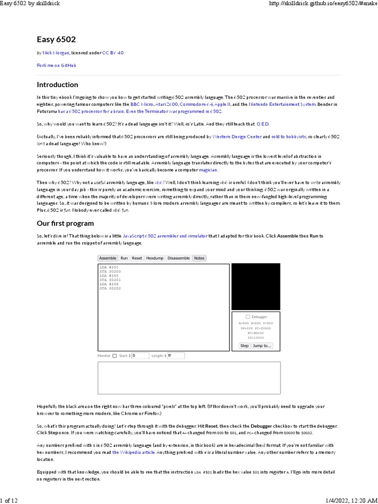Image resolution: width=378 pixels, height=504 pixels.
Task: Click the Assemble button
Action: pyautogui.click(x=108, y=258)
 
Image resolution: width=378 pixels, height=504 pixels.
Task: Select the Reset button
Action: pyautogui.click(x=137, y=258)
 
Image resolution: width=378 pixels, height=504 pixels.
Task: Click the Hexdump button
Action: pyautogui.click(x=155, y=258)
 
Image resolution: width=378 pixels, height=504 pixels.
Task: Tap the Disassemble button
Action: pyautogui.click(x=178, y=258)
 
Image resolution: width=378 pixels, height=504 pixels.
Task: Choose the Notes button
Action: pyautogui.click(x=199, y=258)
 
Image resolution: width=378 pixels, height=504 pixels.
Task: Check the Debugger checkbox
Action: pyautogui.click(x=248, y=317)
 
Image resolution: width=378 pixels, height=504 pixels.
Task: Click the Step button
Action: pyautogui.click(x=245, y=346)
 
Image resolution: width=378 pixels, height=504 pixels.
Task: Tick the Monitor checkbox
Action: pyautogui.click(x=115, y=355)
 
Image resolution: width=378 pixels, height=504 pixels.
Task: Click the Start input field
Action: pyautogui.click(x=140, y=355)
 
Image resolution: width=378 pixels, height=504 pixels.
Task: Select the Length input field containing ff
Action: pyautogui.click(x=176, y=355)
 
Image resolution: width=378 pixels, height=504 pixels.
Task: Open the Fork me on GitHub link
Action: pyautogui.click(x=56, y=65)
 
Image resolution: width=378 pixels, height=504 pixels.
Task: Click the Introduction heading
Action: pyautogui.click(x=58, y=85)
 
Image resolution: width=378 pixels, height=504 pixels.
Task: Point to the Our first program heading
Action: pyautogui.click(x=65, y=223)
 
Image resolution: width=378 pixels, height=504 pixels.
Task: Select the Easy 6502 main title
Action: pyautogui.click(x=56, y=39)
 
